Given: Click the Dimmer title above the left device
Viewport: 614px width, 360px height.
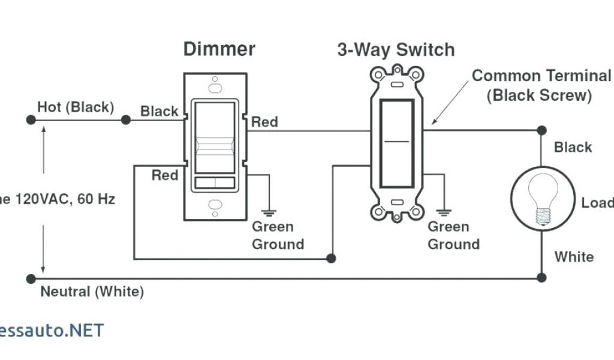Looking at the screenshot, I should click(219, 49).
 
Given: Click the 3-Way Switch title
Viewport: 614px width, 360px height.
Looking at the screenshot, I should click(396, 50).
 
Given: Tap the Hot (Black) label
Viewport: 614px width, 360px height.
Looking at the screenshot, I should click(76, 107).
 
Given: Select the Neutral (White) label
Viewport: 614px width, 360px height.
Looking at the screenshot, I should click(92, 292).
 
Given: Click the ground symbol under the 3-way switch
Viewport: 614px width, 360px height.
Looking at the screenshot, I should click(444, 212).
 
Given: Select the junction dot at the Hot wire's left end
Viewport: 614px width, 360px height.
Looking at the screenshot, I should click(31, 120).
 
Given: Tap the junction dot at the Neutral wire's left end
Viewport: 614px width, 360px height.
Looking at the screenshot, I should click(31, 278).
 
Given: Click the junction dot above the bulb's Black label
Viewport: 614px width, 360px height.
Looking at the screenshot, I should click(541, 130).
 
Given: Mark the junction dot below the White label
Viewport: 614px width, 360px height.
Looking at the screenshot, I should click(541, 277).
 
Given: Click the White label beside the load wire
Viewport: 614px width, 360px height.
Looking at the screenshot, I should click(574, 257).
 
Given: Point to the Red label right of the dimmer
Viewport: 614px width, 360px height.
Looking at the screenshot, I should click(264, 122).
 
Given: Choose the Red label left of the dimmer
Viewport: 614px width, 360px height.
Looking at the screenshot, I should click(164, 175).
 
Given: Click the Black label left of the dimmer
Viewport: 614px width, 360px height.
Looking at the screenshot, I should click(159, 111).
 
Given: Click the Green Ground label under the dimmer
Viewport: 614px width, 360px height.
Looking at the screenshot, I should click(277, 235).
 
